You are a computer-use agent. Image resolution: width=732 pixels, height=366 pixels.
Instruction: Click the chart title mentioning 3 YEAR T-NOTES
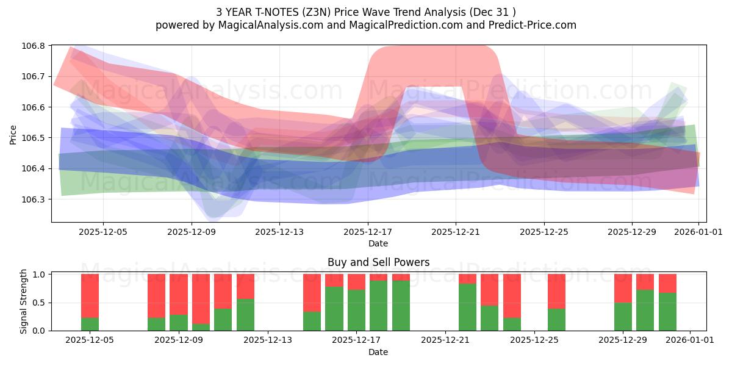pos(366,12)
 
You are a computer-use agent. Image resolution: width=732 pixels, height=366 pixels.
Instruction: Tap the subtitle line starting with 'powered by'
pos(366,25)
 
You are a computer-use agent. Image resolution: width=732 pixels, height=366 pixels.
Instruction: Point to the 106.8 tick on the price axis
pos(34,46)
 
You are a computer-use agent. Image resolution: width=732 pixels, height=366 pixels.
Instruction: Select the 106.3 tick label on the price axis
pos(34,199)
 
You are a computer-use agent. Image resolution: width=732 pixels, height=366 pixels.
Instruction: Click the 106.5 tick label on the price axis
pos(34,138)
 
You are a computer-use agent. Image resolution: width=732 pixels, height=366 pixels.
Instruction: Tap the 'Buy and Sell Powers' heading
pos(378,262)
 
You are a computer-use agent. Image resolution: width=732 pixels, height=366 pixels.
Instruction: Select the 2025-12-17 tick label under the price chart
pos(367,232)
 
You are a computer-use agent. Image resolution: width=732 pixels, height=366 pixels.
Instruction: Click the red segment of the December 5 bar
pos(90,296)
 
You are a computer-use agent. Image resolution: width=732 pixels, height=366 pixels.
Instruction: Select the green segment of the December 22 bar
pos(467,307)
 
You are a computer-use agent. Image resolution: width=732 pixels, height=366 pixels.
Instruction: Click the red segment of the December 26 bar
pos(556,292)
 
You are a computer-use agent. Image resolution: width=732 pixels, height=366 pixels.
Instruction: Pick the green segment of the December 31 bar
pos(667,312)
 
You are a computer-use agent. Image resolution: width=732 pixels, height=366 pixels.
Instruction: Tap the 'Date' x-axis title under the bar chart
pos(378,352)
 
